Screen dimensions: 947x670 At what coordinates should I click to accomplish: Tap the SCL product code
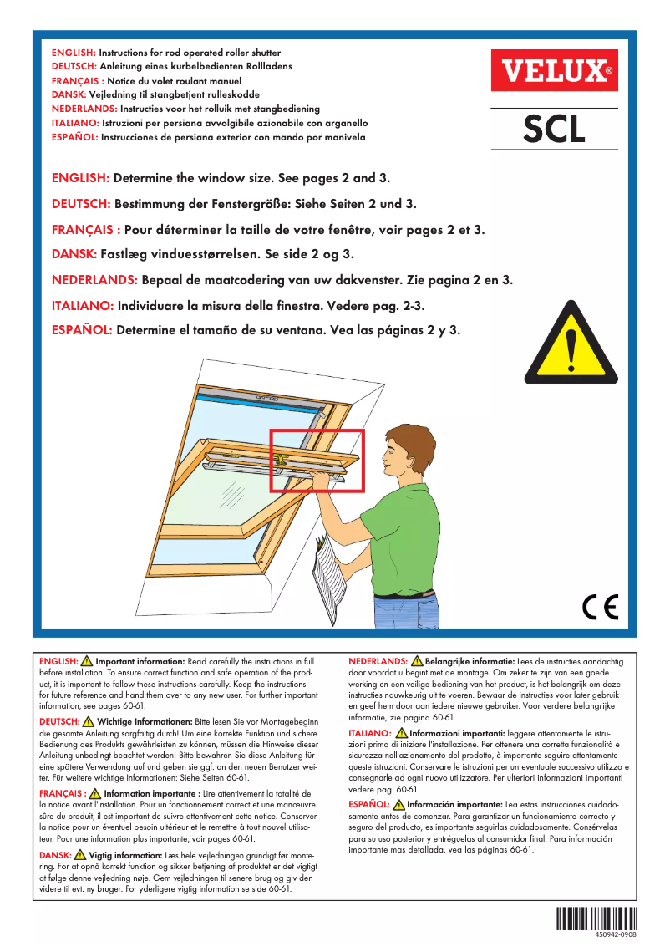coord(554,129)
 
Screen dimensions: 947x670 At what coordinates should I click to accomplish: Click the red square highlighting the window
coord(317,460)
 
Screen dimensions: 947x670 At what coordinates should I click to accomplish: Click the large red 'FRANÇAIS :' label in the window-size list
coord(87,229)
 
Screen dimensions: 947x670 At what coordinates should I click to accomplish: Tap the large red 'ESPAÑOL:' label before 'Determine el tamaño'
coord(82,329)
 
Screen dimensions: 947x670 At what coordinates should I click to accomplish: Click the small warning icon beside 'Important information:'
coord(87,661)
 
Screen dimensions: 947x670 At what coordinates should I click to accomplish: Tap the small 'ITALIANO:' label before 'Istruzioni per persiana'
coord(75,123)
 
